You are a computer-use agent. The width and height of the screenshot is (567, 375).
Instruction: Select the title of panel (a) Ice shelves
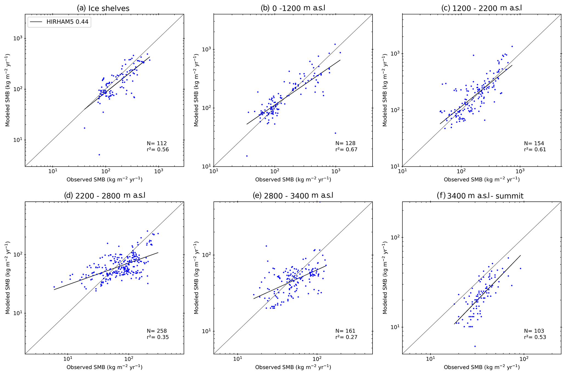103,8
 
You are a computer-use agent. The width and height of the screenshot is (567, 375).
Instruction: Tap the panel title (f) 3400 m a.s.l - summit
480,196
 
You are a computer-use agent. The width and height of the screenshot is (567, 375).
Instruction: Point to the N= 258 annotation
157,331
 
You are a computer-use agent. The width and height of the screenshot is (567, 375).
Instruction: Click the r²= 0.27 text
346,337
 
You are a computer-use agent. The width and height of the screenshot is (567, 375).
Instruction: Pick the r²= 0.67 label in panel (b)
346,149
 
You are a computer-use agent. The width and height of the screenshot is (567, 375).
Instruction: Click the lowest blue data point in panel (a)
99,155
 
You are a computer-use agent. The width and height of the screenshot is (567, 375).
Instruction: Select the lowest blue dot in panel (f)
475,346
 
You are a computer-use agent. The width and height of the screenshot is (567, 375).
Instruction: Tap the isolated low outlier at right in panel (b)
335,133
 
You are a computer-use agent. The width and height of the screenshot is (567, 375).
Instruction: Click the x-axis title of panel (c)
481,180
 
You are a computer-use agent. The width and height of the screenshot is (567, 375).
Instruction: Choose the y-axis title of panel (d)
8,278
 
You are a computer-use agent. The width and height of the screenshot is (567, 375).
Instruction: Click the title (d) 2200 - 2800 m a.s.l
105,196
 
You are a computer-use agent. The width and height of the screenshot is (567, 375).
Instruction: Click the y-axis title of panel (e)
196,278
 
